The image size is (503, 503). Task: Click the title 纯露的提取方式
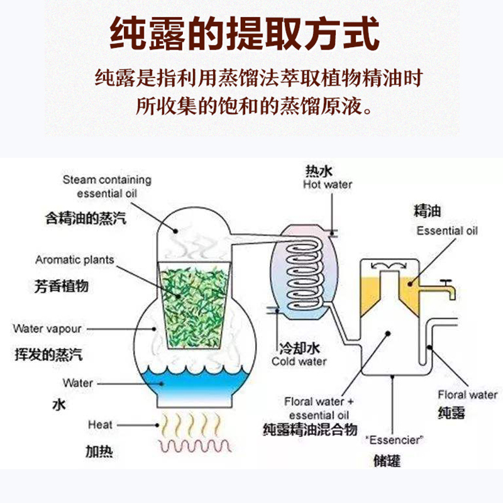coord(245,35)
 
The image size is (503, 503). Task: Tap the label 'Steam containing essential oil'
coord(107,187)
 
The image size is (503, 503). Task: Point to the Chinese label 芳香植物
coord(61,286)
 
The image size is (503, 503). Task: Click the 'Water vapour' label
coord(47,329)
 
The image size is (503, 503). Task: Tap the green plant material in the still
coord(191,295)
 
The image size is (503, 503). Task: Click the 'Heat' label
coord(100,426)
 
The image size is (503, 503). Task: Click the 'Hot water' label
coord(327,184)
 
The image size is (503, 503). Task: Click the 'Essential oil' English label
coord(447,231)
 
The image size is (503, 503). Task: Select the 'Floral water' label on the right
coord(467,395)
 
